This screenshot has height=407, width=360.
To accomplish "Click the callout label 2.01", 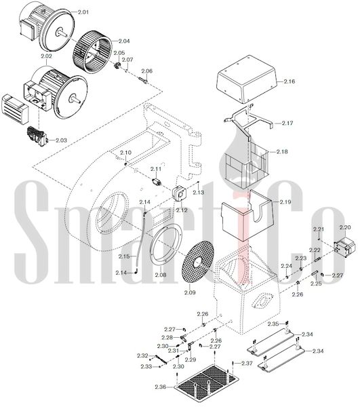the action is [x=83, y=12].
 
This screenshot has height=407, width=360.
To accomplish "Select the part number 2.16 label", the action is [x=289, y=81].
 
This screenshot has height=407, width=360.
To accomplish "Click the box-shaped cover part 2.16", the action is [x=246, y=79].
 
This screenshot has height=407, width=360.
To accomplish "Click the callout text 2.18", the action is [x=282, y=151].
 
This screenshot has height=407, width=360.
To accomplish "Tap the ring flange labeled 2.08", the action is [x=167, y=244].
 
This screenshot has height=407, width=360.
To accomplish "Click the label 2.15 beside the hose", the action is [x=124, y=256].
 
